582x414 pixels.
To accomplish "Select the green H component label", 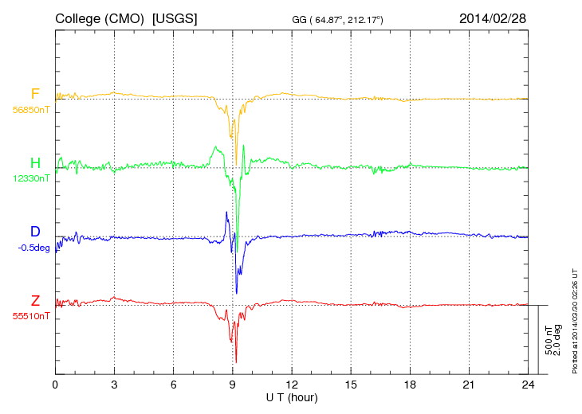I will coord(36,164).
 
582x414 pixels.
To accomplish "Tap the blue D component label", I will coord(35,232).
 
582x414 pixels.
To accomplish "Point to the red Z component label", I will coord(35,301).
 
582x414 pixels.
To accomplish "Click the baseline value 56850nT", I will coord(30,111).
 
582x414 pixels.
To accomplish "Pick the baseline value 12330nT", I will coord(30,179).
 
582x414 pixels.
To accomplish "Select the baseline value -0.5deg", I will coord(33,248).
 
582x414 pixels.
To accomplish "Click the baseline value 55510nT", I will coord(30,316).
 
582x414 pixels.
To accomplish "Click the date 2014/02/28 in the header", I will coord(492,18).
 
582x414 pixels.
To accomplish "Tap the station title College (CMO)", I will coord(100,18).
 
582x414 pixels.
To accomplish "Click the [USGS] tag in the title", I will coord(175,18).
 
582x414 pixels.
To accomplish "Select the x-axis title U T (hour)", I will coord(291,396).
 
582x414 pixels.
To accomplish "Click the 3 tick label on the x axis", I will coord(114,385).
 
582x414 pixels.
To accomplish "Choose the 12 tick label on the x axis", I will coord(292,385).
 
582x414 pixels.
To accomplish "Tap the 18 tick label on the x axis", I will coord(410,385).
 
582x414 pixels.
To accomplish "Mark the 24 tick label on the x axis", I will coord(528,385).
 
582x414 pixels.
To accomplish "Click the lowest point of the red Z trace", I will coord(236,362).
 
